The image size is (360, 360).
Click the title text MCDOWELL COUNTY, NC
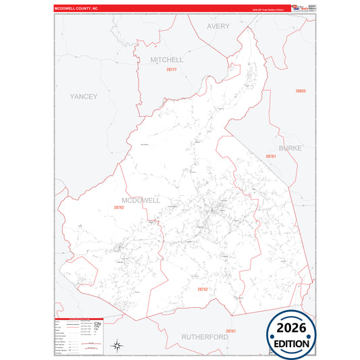click(76, 9)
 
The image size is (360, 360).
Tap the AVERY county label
click(218, 26)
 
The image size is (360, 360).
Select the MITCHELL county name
click(167, 59)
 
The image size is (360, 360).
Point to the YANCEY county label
click(84, 97)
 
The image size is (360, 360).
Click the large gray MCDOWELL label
click(140, 200)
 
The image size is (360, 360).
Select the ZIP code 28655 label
click(301, 91)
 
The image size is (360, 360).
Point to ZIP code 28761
click(270, 156)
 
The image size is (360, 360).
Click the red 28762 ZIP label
click(119, 207)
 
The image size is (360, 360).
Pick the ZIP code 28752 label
click(202, 288)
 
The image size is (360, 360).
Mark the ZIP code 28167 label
click(231, 330)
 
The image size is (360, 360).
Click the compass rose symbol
click(118, 345)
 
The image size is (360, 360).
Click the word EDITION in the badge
click(291, 343)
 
